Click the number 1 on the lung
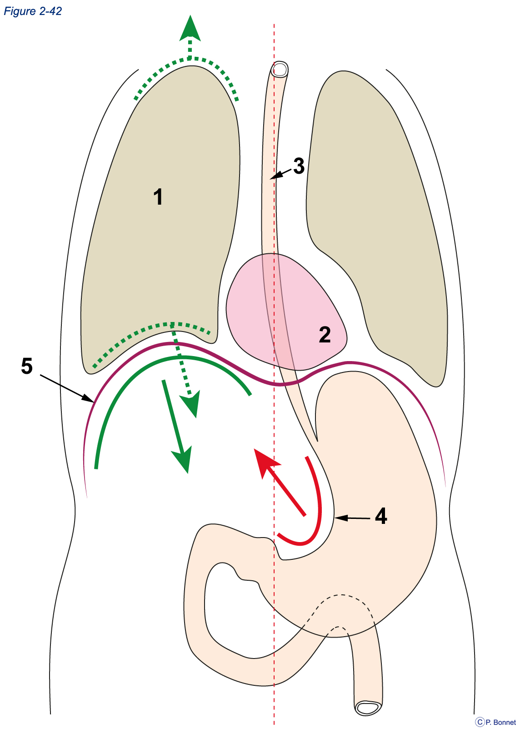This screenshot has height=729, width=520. click(x=158, y=197)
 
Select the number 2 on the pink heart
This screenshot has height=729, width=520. click(x=325, y=334)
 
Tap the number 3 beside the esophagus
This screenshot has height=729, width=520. click(x=299, y=166)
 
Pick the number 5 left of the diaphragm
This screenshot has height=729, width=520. click(x=27, y=366)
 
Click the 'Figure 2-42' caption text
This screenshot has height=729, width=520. click(x=33, y=11)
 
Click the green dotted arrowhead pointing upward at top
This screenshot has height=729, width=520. click(x=190, y=29)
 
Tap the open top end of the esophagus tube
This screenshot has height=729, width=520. click(x=280, y=69)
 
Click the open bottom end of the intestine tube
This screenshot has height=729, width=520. click(x=368, y=707)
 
